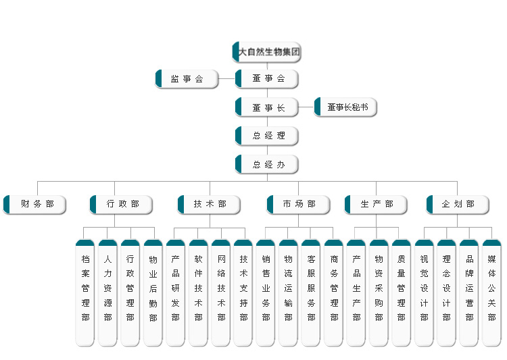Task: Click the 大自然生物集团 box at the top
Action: pyautogui.click(x=267, y=52)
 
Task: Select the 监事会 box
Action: pyautogui.click(x=187, y=79)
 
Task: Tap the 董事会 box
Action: pyautogui.click(x=268, y=79)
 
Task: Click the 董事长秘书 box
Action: pyautogui.click(x=346, y=107)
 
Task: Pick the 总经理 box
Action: pyautogui.click(x=268, y=136)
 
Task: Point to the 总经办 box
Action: pyautogui.click(x=268, y=164)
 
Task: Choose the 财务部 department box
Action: pyautogui.click(x=35, y=204)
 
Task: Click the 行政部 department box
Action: pyautogui.click(x=122, y=204)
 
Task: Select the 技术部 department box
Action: pyautogui.click(x=210, y=204)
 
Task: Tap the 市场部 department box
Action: pyautogui.click(x=299, y=204)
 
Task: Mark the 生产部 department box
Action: pyautogui.click(x=377, y=204)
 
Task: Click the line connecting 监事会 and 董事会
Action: pyautogui.click(x=227, y=79)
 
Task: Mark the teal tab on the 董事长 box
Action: pyautogui.click(x=238, y=107)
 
